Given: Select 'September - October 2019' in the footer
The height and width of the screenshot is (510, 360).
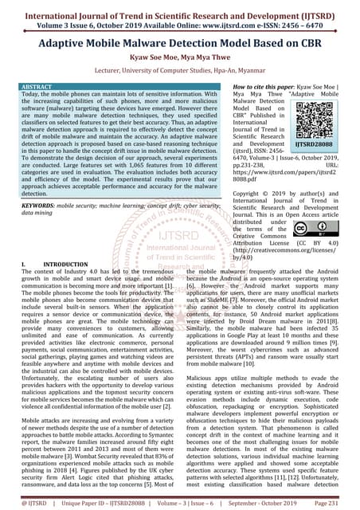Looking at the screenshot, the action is pyautogui.click(x=271, y=502).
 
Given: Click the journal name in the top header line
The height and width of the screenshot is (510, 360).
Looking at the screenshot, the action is pyautogui.click(x=180, y=10).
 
